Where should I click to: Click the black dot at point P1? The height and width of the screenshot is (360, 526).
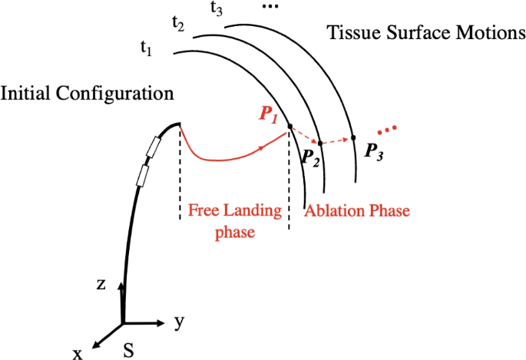[x=289, y=127]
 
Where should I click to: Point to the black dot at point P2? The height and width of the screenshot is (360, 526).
[x=320, y=144]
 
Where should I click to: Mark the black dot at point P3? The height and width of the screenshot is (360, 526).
[x=353, y=138]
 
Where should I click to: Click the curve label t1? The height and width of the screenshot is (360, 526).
[x=145, y=48]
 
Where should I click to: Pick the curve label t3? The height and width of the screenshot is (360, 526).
[x=217, y=8]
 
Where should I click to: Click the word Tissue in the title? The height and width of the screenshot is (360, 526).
[x=349, y=34]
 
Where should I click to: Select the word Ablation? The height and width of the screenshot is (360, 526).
[x=333, y=210]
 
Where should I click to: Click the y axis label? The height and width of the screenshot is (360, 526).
[x=179, y=322]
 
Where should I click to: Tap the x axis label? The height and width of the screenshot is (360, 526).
[x=78, y=352]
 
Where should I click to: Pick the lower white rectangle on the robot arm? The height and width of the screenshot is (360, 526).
[x=141, y=175]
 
